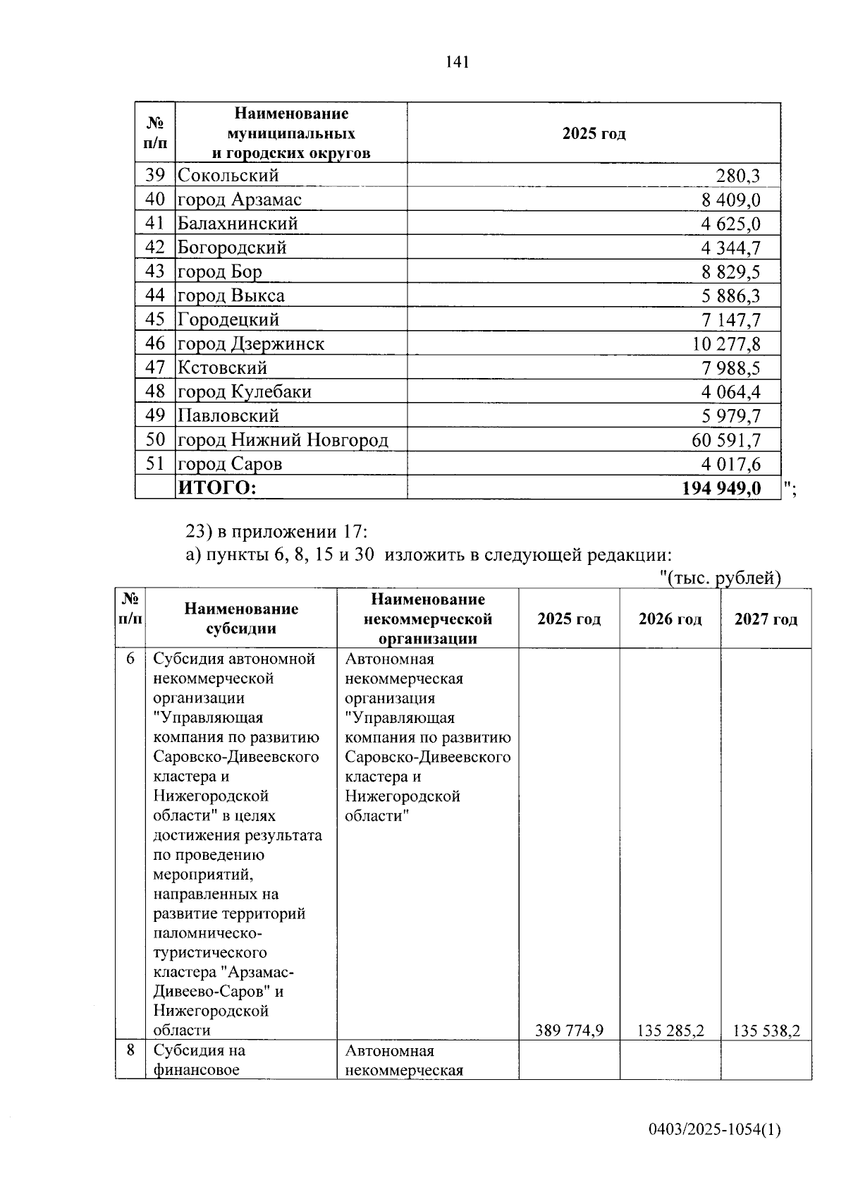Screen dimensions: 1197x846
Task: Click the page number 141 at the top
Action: [457, 62]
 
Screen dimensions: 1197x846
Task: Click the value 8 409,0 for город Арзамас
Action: [730, 200]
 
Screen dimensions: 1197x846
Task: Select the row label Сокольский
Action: [228, 176]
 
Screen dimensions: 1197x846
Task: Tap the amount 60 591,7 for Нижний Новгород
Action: [726, 440]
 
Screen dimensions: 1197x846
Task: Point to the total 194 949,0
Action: [721, 488]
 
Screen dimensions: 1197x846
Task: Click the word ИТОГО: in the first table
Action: [217, 488]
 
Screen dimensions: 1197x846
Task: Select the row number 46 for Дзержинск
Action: [154, 344]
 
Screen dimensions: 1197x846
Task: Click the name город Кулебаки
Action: [244, 391]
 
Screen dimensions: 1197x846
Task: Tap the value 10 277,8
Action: [726, 344]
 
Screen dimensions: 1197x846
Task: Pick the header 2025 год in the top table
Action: [594, 134]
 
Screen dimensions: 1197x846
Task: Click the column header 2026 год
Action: [670, 619]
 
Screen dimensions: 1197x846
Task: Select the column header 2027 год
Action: [766, 619]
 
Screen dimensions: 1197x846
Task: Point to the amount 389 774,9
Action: [569, 1031]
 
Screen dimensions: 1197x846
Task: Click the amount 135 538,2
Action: [766, 1031]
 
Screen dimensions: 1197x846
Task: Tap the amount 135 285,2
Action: [670, 1031]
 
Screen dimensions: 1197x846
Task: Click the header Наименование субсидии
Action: [241, 619]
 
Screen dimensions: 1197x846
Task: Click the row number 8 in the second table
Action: [130, 1050]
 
